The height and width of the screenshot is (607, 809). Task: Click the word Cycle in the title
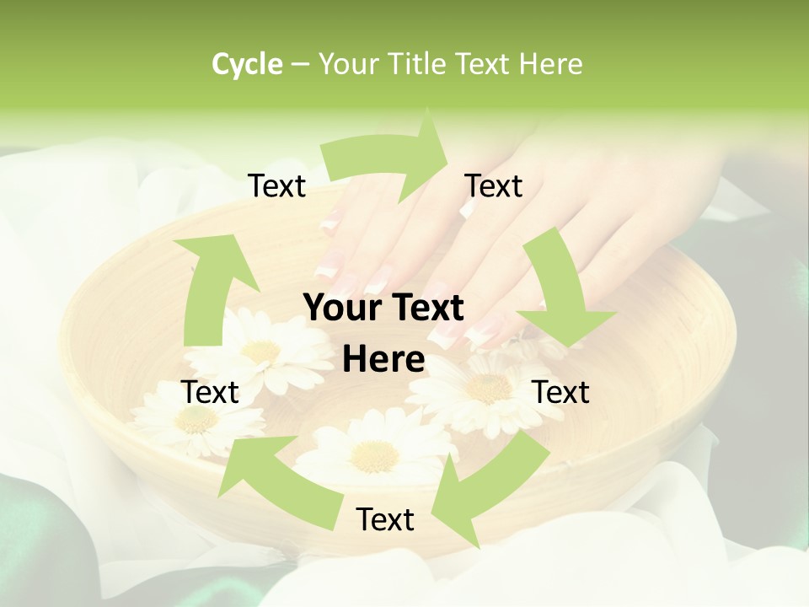pyautogui.click(x=247, y=64)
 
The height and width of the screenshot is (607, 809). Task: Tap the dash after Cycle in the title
pyautogui.click(x=300, y=65)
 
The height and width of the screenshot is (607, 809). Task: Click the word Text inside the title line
pyautogui.click(x=486, y=64)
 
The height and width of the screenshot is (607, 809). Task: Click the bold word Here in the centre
pyautogui.click(x=383, y=360)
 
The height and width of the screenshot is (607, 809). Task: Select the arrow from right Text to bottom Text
pyautogui.click(x=489, y=489)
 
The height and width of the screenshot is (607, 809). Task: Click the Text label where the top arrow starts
pyautogui.click(x=276, y=185)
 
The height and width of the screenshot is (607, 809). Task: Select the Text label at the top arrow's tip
pyautogui.click(x=494, y=185)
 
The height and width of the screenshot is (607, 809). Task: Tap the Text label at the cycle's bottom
pyautogui.click(x=385, y=519)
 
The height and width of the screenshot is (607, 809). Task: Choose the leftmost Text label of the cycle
pyautogui.click(x=210, y=392)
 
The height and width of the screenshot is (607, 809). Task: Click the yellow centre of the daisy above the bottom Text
pyautogui.click(x=374, y=456)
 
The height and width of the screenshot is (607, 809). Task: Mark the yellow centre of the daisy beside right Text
pyautogui.click(x=488, y=389)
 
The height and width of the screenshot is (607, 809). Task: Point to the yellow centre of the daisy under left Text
pyautogui.click(x=197, y=420)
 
